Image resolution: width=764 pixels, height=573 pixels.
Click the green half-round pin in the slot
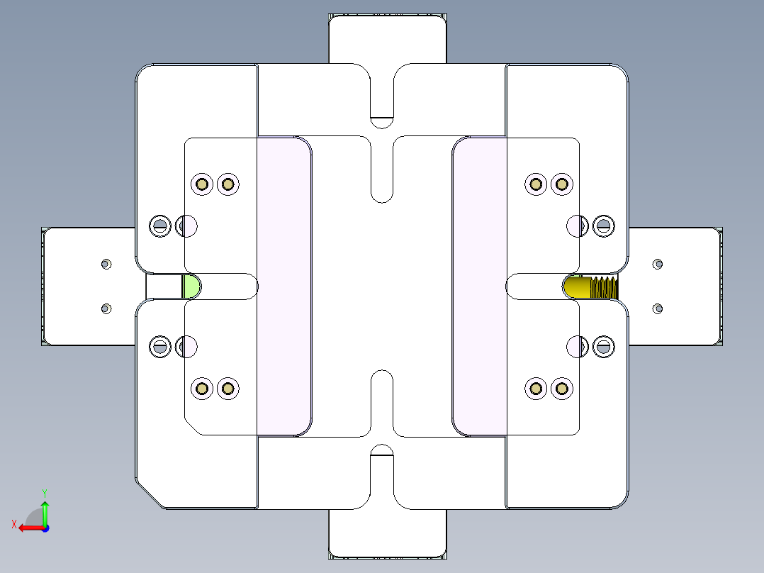(191, 286)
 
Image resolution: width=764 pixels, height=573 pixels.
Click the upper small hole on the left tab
(106, 264)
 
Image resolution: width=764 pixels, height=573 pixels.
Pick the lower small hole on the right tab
(658, 308)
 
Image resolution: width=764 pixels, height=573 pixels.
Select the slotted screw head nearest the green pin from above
(160, 226)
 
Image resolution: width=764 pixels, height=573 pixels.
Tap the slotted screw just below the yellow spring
(603, 346)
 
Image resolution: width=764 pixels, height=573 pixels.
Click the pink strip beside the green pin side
(283, 286)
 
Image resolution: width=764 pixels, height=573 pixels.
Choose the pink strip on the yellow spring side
(479, 286)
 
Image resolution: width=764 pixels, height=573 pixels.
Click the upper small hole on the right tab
(658, 264)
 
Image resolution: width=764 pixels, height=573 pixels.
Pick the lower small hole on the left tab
(106, 308)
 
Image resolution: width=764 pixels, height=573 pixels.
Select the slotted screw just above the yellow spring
(603, 226)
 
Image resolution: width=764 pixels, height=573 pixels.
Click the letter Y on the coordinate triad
(44, 492)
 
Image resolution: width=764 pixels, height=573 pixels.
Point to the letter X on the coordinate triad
(13, 524)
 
